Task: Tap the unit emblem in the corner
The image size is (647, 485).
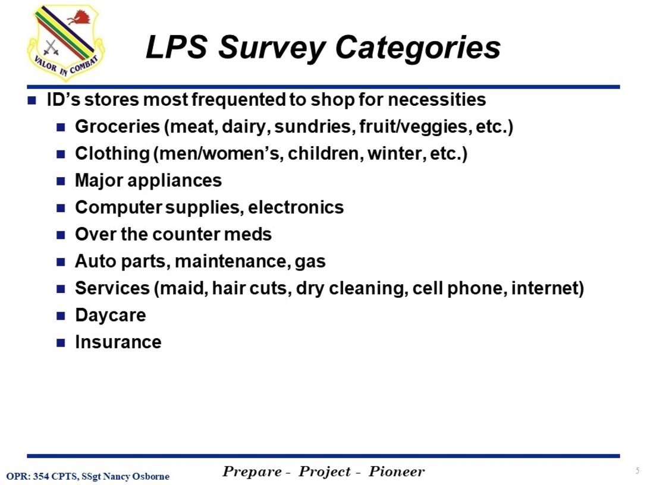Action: (65, 43)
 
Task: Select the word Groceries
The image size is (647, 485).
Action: (117, 127)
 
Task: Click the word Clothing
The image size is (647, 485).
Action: (112, 154)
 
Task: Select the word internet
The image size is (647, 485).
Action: (547, 288)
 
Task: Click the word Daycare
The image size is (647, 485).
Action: (110, 315)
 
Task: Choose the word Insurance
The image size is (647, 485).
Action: (118, 342)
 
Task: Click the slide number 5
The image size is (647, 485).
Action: (637, 471)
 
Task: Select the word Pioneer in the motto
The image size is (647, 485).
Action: (397, 472)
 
